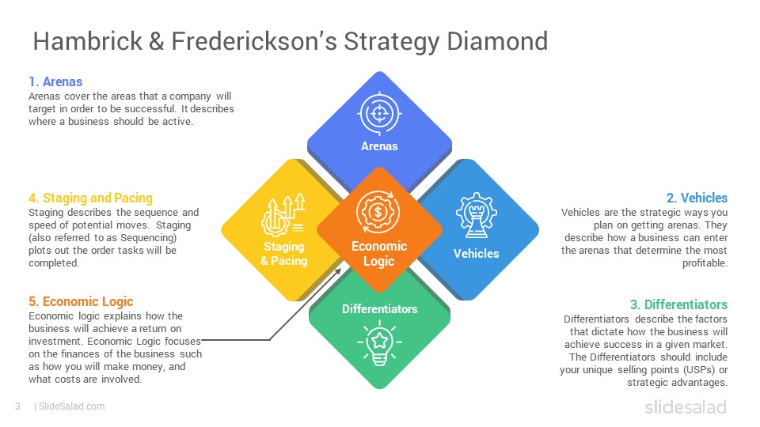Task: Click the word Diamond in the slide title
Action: click(x=497, y=41)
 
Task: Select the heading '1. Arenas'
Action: click(x=55, y=81)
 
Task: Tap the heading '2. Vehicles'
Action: click(x=697, y=198)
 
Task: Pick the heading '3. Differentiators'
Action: click(x=678, y=304)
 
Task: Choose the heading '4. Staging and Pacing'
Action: click(x=90, y=198)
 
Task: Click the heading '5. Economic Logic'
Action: click(x=81, y=301)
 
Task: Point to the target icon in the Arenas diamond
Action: click(x=379, y=114)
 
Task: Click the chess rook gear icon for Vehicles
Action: click(x=476, y=215)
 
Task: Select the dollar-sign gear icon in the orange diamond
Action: click(x=378, y=212)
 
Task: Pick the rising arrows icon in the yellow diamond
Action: click(x=283, y=215)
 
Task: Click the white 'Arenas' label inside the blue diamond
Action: click(x=379, y=146)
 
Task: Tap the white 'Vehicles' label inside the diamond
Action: click(x=477, y=254)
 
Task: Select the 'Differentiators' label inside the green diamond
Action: click(x=379, y=309)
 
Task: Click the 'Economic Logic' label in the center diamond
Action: click(x=379, y=254)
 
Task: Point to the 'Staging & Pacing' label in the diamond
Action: click(x=284, y=254)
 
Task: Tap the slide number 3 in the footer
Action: click(x=17, y=406)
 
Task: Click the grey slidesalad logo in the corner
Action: click(x=686, y=406)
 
